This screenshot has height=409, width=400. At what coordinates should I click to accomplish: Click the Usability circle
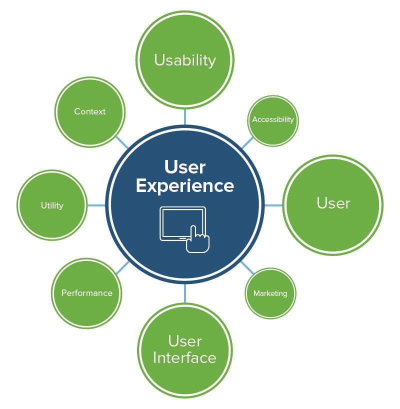(x=185, y=60)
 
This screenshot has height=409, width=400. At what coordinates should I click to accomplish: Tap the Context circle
(x=89, y=111)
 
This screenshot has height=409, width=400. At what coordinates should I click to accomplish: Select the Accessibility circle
(x=273, y=120)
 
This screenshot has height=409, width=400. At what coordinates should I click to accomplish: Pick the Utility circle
(x=52, y=205)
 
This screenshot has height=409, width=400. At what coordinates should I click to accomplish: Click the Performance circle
(x=87, y=293)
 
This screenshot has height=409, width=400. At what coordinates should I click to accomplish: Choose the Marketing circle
(x=270, y=293)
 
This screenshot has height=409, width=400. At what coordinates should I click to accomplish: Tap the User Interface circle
(x=185, y=350)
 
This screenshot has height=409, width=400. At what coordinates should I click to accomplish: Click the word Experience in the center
(x=185, y=185)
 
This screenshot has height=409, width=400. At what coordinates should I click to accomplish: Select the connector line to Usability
(x=185, y=116)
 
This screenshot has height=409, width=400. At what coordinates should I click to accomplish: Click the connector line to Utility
(x=96, y=205)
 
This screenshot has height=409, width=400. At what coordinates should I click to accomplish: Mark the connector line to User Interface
(x=185, y=293)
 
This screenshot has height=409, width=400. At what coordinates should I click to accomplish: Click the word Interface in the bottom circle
(x=185, y=358)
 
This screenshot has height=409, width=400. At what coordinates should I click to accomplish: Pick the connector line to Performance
(x=123, y=267)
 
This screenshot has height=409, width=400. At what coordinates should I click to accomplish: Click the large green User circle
(x=333, y=204)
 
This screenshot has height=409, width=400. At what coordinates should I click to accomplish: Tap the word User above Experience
(x=185, y=166)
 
